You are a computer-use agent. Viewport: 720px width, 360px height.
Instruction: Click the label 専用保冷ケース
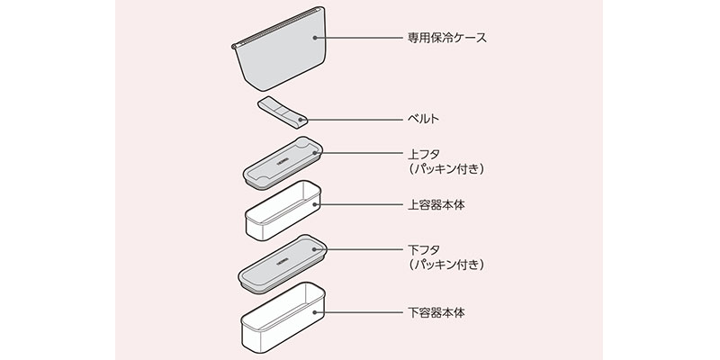447,39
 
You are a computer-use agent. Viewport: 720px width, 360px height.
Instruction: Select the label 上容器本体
436,205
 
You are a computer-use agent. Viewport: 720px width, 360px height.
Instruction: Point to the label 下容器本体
436,312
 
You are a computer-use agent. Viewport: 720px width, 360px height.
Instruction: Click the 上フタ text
425,154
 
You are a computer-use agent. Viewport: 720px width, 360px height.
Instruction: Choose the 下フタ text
425,248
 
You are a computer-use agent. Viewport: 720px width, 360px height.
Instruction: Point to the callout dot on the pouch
315,39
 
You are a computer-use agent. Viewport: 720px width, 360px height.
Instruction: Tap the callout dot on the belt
300,118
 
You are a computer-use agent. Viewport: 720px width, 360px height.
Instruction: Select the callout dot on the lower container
316,312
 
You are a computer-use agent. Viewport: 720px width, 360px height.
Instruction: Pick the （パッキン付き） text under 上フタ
446,170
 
